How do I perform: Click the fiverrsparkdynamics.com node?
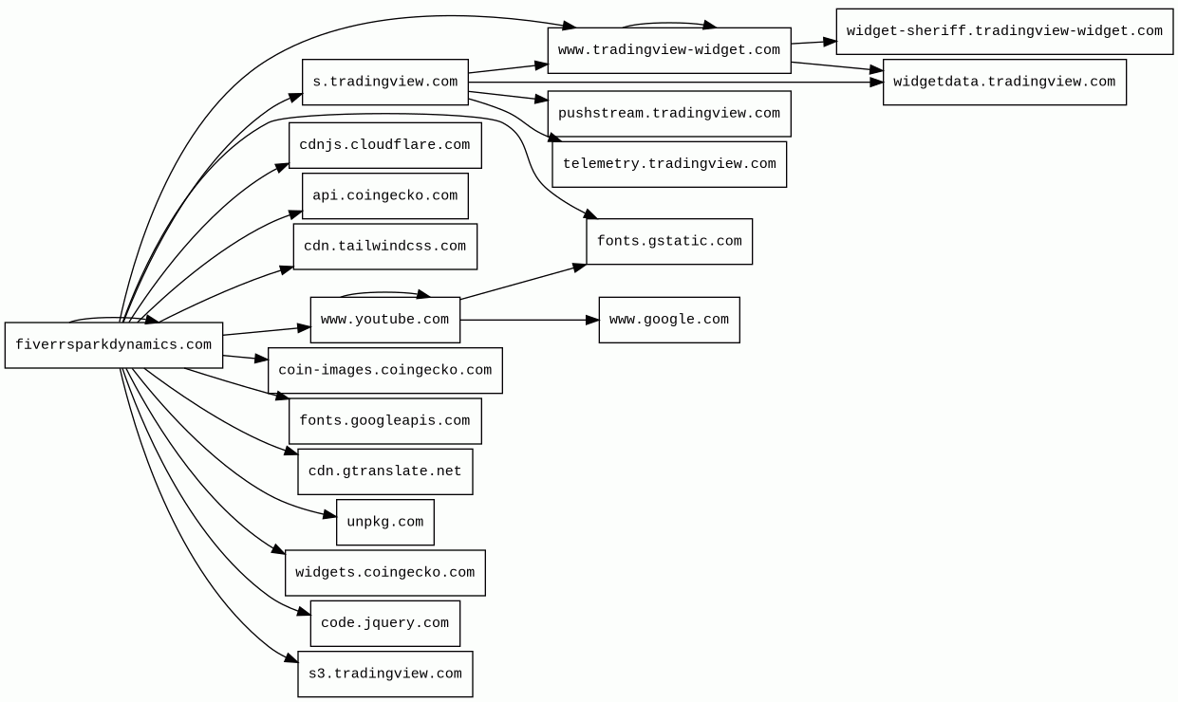tap(114, 345)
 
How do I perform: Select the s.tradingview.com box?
tap(385, 82)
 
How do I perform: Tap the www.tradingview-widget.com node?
tap(669, 50)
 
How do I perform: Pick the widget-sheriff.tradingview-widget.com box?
tap(1004, 31)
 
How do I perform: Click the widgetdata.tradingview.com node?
tap(1004, 82)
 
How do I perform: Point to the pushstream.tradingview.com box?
tap(669, 114)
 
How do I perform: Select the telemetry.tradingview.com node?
tap(669, 164)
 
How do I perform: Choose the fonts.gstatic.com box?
tap(669, 242)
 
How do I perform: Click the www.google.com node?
tap(669, 320)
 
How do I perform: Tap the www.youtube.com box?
tap(385, 320)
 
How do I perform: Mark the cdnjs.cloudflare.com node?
tap(385, 145)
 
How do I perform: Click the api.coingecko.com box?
tap(385, 196)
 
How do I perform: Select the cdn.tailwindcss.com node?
tap(385, 247)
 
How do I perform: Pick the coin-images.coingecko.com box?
tap(385, 370)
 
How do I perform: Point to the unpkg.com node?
tap(385, 523)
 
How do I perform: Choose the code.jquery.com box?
tap(385, 623)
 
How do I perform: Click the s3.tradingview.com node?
tap(385, 674)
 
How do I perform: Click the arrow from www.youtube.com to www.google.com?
tap(530, 320)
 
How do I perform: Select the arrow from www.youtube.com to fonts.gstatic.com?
tap(523, 283)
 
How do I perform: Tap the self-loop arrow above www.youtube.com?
tap(385, 292)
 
